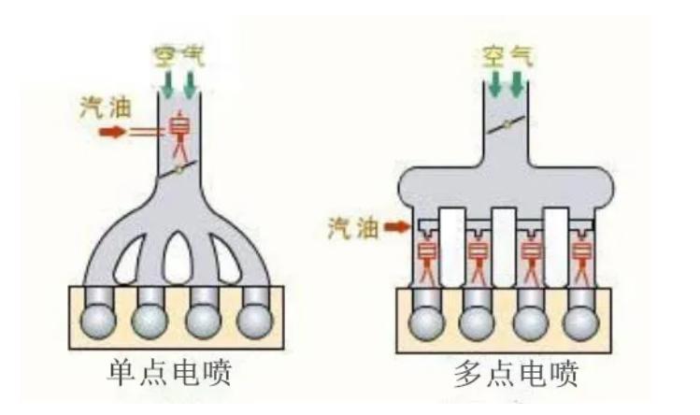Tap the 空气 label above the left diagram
pos(180,53)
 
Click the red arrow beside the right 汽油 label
pos(397,227)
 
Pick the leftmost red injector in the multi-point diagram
pos(429,256)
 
